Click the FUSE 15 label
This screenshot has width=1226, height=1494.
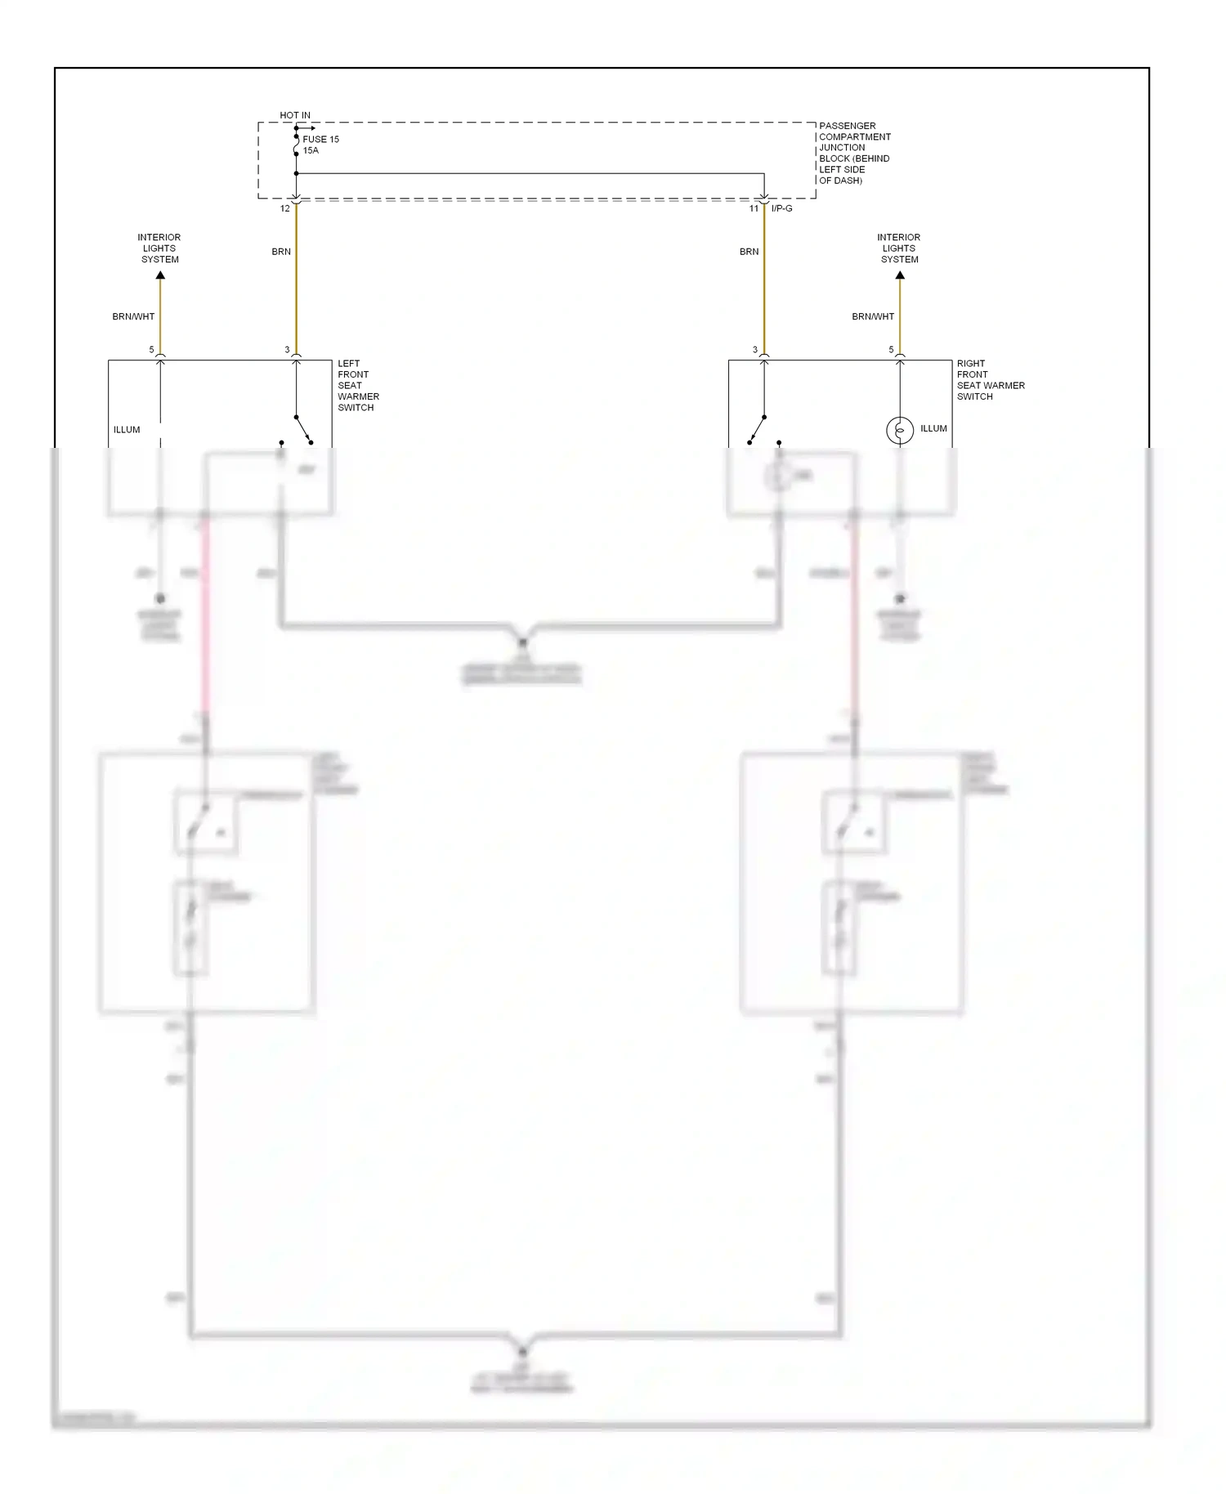coord(320,140)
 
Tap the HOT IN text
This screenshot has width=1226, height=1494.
coord(295,116)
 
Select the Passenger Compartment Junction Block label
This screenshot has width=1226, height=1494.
coord(854,153)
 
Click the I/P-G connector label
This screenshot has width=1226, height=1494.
coord(781,209)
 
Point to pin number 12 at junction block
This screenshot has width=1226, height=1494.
coord(285,209)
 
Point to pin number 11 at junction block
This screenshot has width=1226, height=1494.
coord(754,209)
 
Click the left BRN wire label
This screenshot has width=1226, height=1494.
coord(281,252)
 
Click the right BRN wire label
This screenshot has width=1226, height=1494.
coord(749,252)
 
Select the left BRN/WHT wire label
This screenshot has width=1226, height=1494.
coord(133,316)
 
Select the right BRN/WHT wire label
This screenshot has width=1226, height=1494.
coord(873,316)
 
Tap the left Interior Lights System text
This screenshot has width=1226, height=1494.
coord(159,248)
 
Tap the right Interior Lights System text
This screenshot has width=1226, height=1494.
coord(899,248)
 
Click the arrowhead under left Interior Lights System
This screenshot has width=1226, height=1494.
coord(160,275)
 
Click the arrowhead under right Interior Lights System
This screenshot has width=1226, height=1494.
coord(900,275)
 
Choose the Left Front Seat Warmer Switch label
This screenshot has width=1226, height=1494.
coord(358,386)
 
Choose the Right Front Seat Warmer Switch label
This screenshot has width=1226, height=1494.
coord(991,380)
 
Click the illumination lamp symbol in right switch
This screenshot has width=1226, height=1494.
coord(900,430)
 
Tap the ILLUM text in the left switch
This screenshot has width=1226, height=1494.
coord(127,430)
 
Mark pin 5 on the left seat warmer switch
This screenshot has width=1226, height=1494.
coord(151,350)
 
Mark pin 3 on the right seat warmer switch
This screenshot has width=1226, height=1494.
coord(755,350)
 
